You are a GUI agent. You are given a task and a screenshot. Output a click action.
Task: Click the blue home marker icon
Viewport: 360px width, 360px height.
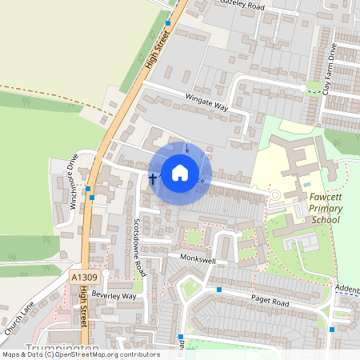[x=180, y=173]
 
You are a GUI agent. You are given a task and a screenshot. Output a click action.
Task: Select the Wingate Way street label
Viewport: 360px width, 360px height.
[x=206, y=106]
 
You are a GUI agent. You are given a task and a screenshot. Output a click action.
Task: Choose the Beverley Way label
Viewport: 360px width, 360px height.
[x=114, y=295]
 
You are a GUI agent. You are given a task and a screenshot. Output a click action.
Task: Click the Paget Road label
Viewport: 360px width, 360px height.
[x=268, y=302]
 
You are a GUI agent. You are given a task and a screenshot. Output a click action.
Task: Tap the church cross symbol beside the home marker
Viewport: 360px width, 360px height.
[x=152, y=178]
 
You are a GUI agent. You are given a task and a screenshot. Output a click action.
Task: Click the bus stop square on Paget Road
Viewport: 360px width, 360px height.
[x=218, y=289]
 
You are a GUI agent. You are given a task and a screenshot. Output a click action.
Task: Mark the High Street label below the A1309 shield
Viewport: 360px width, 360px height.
[x=83, y=308]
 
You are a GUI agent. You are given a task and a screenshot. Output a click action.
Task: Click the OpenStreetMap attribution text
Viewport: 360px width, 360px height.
[x=80, y=354]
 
